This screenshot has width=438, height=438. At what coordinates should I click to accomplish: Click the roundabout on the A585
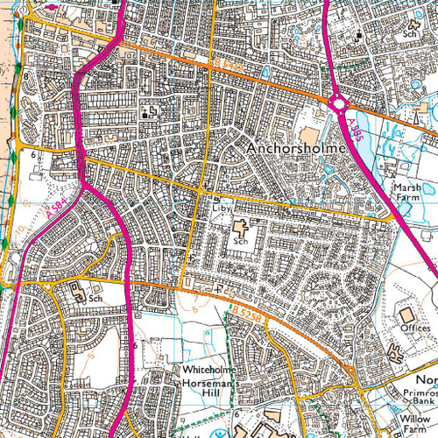click(338, 105)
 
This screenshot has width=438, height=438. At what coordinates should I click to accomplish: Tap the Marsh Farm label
click(408, 194)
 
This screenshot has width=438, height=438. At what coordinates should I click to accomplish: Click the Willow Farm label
click(417, 425)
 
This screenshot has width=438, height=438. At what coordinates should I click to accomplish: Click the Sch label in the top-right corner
click(409, 35)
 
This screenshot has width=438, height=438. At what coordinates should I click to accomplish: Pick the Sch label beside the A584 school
click(95, 299)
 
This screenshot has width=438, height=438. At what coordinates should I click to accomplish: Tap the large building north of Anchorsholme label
click(308, 135)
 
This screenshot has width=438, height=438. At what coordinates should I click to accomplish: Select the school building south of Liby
click(240, 229)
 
